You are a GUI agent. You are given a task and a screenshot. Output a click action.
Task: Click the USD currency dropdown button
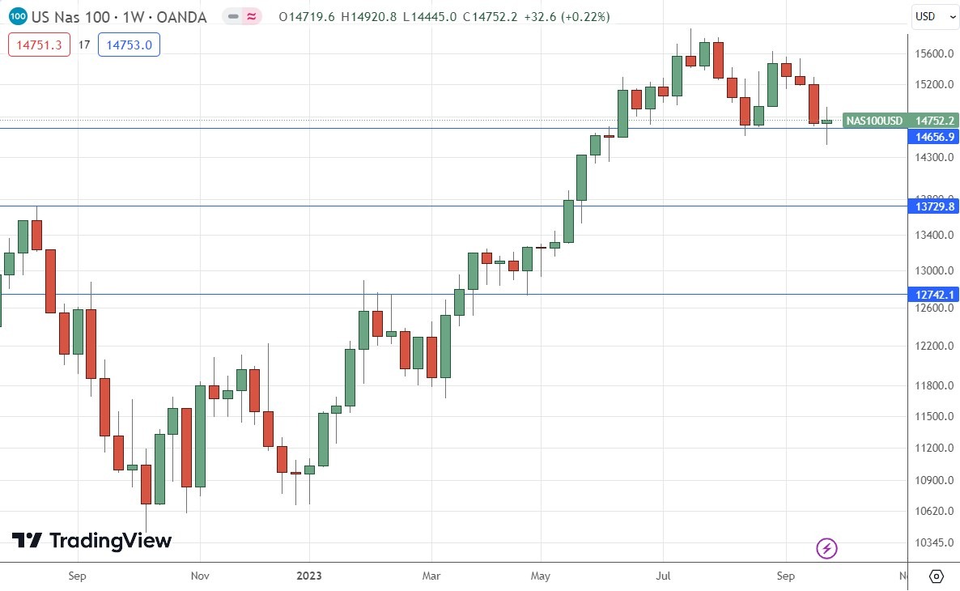pyautogui.click(x=932, y=16)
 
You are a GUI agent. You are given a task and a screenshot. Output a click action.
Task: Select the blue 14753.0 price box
pyautogui.click(x=129, y=45)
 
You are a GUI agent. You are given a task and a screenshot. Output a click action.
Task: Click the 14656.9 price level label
pyautogui.click(x=933, y=137)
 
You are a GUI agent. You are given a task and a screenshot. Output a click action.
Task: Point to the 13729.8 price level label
pyautogui.click(x=933, y=206)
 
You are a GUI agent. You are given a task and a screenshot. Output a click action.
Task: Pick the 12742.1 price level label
pyautogui.click(x=933, y=295)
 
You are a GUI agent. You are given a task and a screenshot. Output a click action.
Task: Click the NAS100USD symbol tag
pyautogui.click(x=874, y=121)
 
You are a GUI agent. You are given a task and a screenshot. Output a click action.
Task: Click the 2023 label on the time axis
pyautogui.click(x=308, y=576)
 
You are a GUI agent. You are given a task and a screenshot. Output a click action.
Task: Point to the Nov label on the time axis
pyautogui.click(x=200, y=576)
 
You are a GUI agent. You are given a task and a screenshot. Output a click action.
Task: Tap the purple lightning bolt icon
pyautogui.click(x=826, y=549)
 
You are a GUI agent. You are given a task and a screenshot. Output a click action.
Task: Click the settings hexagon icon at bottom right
pyautogui.click(x=936, y=576)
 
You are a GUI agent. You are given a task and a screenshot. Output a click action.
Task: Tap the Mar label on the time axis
pyautogui.click(x=431, y=576)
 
